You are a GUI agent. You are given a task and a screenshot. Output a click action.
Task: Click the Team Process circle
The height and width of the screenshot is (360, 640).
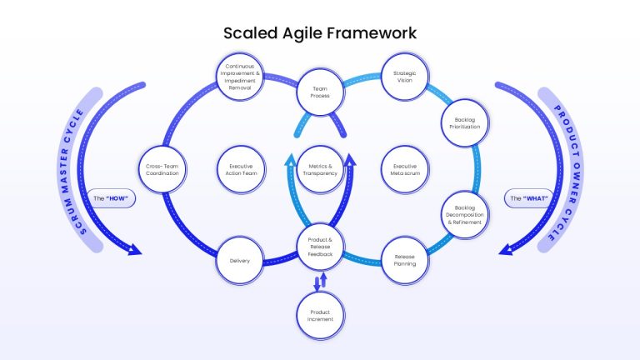coord(320,92)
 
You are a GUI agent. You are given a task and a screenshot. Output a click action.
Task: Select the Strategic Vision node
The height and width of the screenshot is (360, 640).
coord(404,77)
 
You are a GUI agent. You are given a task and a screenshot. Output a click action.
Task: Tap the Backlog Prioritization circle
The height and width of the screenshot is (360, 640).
coord(464,123)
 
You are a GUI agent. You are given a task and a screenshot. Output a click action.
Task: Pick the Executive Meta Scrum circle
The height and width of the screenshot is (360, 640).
coord(404,170)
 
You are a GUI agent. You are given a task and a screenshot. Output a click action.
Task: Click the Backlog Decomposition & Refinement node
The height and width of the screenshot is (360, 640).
coord(464,215)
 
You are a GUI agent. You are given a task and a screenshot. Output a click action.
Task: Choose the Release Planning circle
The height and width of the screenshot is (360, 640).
coord(404,260)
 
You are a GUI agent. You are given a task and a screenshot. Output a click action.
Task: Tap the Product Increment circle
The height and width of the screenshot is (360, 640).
coord(320,316)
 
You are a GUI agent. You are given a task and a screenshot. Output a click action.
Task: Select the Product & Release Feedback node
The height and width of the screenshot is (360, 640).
coord(320,247)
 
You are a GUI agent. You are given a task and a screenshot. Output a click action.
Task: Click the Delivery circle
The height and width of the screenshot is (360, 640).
coord(240,261)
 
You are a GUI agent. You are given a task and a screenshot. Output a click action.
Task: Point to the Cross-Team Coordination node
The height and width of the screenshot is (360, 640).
coord(162,170)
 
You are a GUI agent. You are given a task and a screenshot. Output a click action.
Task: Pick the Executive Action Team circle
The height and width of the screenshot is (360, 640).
coord(241,170)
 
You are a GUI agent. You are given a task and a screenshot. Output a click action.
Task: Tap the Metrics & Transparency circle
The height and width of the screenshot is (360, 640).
coord(320,170)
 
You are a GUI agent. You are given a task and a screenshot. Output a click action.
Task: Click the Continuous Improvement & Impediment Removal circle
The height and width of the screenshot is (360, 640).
coord(240,77)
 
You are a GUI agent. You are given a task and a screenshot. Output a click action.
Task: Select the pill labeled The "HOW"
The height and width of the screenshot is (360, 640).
coord(111,198)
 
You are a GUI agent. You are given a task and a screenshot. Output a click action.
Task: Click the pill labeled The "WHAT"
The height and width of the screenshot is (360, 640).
coord(529,198)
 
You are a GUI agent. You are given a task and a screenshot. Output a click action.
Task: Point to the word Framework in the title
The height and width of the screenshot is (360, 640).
coord(371,33)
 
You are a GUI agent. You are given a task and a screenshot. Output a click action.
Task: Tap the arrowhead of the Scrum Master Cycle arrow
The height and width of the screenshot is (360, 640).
coord(135,249)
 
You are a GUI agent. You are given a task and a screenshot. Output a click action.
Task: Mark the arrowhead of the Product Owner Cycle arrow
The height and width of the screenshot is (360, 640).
coord(506,249)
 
